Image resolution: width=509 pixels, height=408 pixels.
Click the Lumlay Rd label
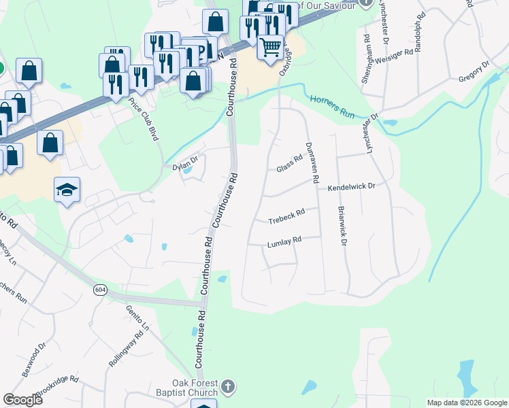click(x=284, y=243)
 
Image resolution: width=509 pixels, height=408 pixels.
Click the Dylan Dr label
click(x=184, y=164)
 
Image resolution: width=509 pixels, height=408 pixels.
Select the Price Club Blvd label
click(x=144, y=118)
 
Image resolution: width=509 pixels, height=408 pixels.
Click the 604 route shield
click(x=101, y=290)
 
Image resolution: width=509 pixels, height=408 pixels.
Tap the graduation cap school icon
click(x=67, y=190)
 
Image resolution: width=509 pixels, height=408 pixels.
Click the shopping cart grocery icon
click(x=271, y=46)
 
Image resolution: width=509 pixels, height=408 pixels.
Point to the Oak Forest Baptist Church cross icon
click(x=228, y=388)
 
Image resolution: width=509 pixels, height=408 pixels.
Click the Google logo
click(x=23, y=400)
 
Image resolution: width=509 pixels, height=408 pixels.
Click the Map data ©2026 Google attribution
click(x=466, y=403)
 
